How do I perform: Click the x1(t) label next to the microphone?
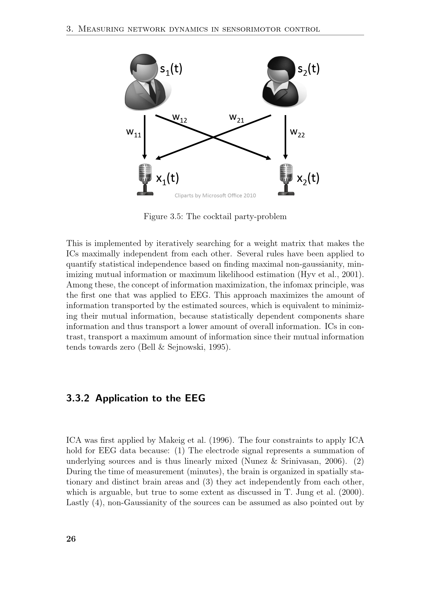tap(167, 179)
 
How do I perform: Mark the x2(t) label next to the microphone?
tap(308, 179)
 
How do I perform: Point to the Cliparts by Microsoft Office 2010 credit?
tap(215, 196)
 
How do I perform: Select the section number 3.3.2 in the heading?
tap(78, 398)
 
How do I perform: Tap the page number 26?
tap(71, 539)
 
